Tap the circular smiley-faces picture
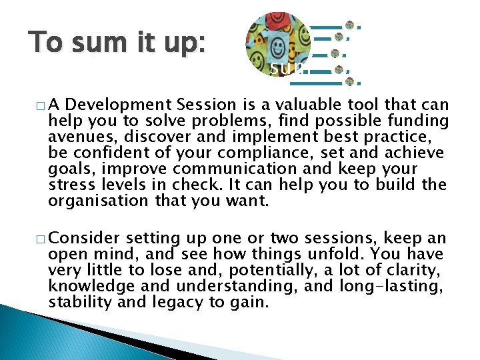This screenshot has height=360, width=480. (278, 43)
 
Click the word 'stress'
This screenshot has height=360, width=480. (69, 185)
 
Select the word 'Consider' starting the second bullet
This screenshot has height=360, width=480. (85, 239)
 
